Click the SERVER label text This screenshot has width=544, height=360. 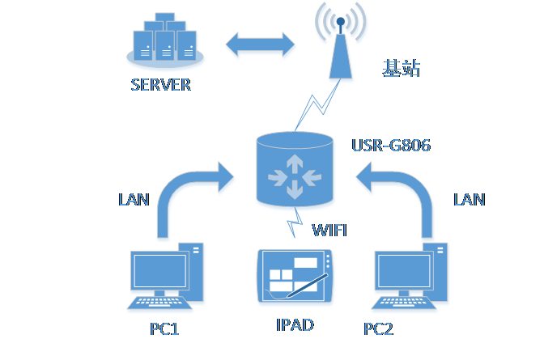click(160, 84)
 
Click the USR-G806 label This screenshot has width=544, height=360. click(391, 146)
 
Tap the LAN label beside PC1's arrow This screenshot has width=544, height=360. click(134, 199)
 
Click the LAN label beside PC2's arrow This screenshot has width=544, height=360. click(470, 198)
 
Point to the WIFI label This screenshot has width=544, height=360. click(329, 231)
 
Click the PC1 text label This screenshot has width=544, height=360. click(164, 329)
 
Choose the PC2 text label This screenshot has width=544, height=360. click(378, 329)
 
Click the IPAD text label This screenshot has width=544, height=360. click(295, 325)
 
